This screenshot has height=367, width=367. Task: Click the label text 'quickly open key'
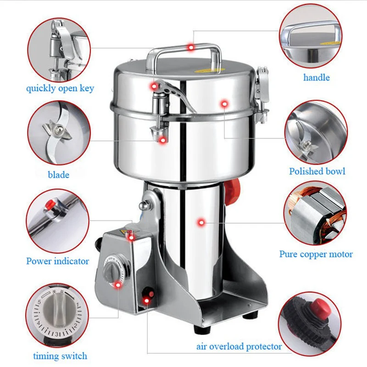tap(60, 88)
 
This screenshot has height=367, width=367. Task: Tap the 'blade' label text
tap(59, 174)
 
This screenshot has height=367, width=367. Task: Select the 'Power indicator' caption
tap(57, 261)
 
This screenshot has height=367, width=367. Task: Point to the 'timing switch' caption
tap(60, 356)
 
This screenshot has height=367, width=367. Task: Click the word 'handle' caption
tap(317, 78)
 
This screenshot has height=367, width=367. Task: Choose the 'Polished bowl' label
tap(317, 171)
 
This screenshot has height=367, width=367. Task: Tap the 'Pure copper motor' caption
tap(316, 254)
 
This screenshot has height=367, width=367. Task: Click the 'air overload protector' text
tap(239, 346)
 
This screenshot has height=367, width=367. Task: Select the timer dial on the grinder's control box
tap(111, 271)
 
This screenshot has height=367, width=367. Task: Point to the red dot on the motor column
tap(200, 222)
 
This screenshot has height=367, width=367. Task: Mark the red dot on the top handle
tap(190, 47)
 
